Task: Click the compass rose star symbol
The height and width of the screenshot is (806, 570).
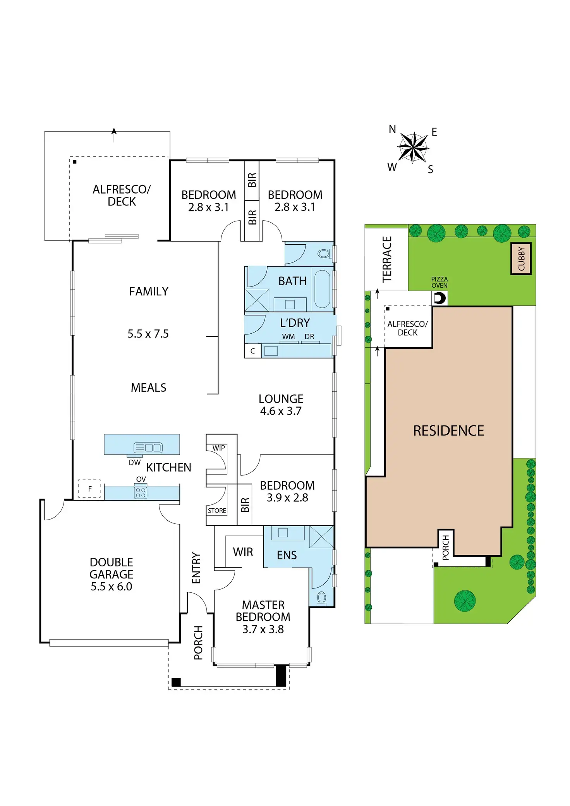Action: (413, 147)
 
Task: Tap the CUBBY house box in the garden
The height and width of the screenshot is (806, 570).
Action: (521, 259)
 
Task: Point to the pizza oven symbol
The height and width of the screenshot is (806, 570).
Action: (440, 298)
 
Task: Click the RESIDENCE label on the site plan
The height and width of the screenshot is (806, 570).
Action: (448, 431)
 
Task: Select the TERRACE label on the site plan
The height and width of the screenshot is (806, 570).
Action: (387, 259)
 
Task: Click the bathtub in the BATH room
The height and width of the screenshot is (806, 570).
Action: (322, 289)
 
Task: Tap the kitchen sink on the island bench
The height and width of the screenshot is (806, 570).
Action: (148, 448)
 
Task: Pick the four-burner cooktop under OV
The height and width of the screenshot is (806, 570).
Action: (141, 493)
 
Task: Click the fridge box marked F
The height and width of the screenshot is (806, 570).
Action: (89, 489)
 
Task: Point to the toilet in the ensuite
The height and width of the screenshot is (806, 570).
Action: (321, 598)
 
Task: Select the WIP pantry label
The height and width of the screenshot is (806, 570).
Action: (218, 448)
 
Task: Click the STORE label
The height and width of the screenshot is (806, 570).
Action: (217, 511)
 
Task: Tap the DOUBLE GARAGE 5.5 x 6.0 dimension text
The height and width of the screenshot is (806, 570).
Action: (112, 586)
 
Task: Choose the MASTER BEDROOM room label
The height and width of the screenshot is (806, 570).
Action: (263, 611)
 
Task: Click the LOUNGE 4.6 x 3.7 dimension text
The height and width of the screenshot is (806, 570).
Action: (281, 411)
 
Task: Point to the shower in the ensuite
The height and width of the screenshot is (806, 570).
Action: (321, 537)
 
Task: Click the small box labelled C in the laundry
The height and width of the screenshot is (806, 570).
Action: (252, 351)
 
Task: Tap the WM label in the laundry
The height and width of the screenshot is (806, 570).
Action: (288, 337)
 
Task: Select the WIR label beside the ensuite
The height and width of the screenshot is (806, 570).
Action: (243, 552)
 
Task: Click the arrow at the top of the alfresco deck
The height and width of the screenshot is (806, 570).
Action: (114, 134)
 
